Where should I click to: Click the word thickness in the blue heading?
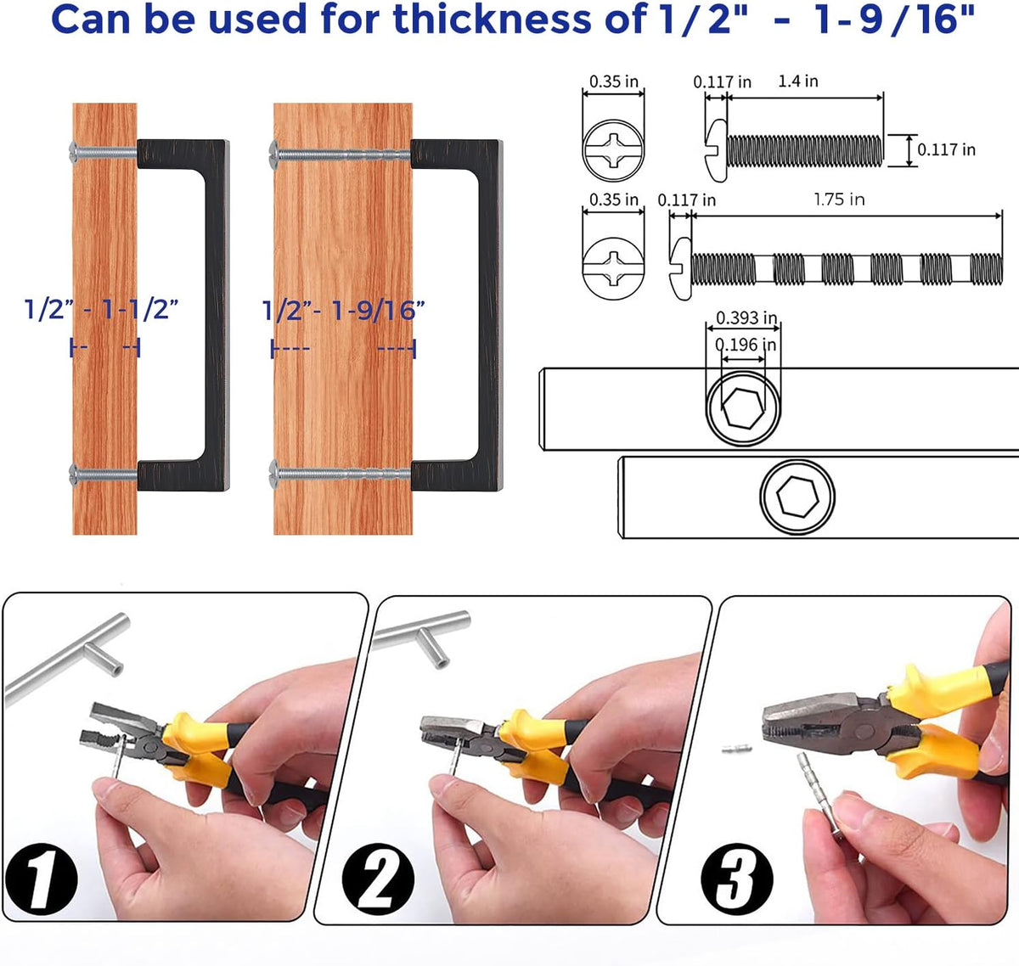[493, 20]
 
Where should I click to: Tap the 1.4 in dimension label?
[798, 81]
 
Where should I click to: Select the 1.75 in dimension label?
[839, 199]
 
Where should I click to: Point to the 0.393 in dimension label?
[746, 317]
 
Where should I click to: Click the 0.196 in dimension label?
[746, 345]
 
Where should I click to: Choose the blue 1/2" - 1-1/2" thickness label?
[102, 309]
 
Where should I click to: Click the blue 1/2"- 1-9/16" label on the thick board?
[343, 311]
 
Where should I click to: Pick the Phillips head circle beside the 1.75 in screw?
[614, 268]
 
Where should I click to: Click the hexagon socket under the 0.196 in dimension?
[743, 407]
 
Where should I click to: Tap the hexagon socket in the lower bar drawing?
[797, 497]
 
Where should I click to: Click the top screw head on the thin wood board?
[74, 153]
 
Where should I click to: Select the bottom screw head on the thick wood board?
[274, 474]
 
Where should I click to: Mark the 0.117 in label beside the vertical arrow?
[947, 149]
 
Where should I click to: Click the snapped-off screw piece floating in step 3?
[736, 749]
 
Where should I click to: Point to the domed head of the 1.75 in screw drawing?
[680, 268]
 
